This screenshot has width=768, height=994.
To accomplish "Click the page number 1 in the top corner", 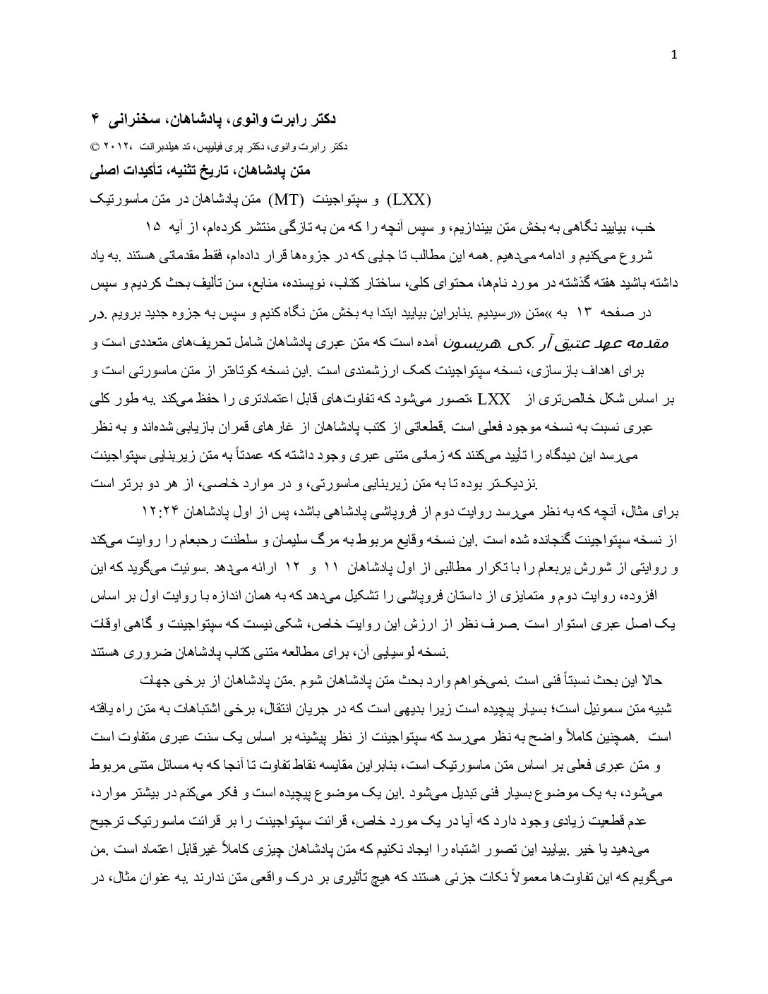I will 675,56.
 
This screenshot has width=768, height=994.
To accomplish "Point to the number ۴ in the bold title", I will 97,119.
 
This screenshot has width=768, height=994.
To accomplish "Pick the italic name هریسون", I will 467,342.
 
